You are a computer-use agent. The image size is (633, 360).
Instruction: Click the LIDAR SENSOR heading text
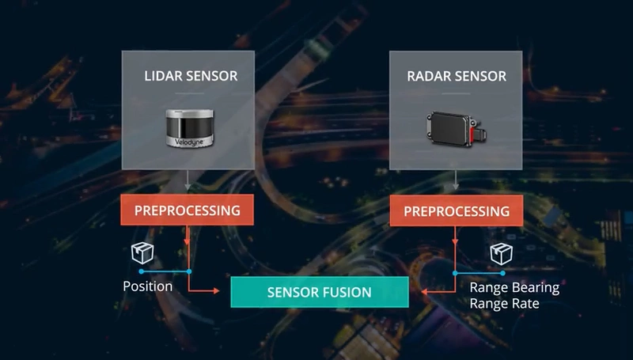click(190, 77)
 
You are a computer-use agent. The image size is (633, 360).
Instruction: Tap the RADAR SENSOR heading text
click(456, 77)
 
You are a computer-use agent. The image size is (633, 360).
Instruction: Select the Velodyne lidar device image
click(189, 126)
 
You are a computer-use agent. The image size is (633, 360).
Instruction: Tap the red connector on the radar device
click(476, 135)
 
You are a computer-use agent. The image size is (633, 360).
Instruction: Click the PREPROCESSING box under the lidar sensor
click(188, 211)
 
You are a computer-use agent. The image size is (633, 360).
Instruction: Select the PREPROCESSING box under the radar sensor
click(457, 211)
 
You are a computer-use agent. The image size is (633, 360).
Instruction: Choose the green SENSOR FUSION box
click(319, 292)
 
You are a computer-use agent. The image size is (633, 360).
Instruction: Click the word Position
click(148, 286)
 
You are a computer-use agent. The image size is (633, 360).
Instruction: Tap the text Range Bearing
click(514, 287)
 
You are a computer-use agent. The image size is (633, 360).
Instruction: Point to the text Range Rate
click(505, 303)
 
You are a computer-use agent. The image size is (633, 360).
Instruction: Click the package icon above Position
click(142, 253)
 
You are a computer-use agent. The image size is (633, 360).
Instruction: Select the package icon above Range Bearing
click(501, 253)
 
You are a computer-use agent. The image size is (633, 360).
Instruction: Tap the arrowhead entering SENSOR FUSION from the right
click(423, 292)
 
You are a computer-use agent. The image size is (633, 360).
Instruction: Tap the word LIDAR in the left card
click(161, 77)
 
